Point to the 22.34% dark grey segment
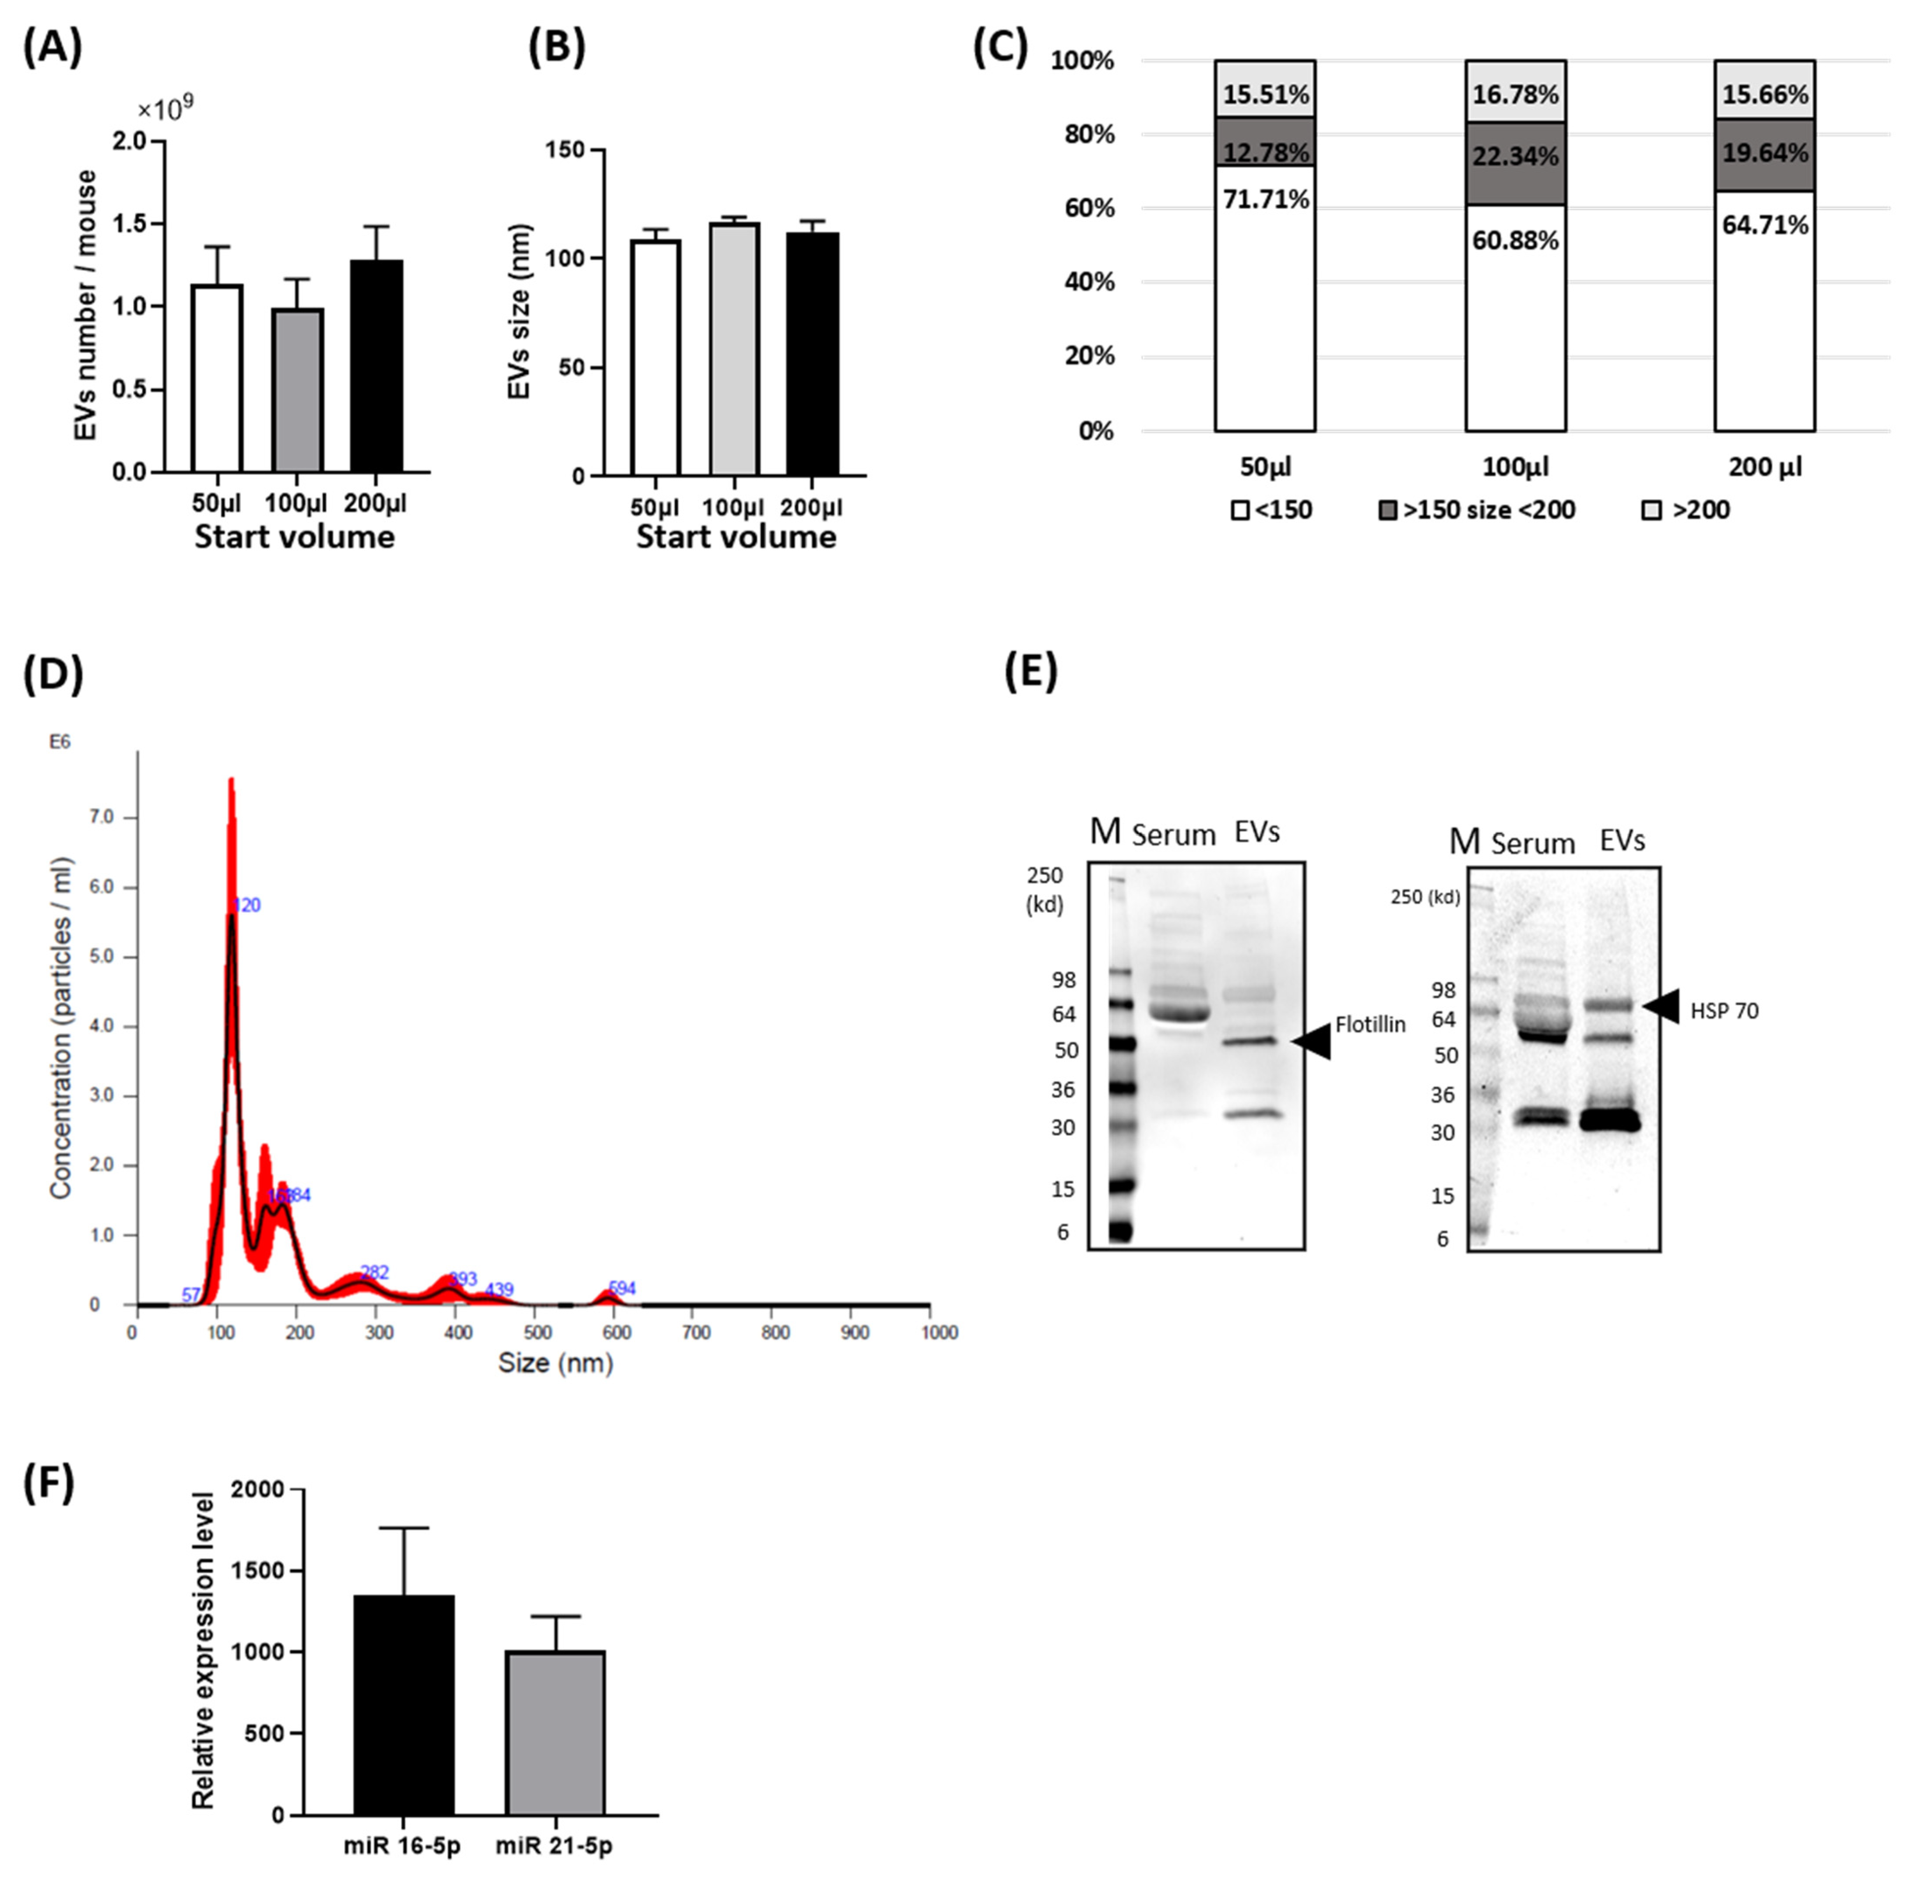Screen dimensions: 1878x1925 (1516, 156)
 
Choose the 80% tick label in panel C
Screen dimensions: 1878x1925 (1089, 134)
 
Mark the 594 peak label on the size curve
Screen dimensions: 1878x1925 (622, 1288)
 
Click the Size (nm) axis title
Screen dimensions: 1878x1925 (556, 1363)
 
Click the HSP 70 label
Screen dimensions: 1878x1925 (1724, 1011)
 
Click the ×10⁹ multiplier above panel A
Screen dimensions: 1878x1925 (165, 109)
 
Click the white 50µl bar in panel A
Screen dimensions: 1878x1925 (217, 379)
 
